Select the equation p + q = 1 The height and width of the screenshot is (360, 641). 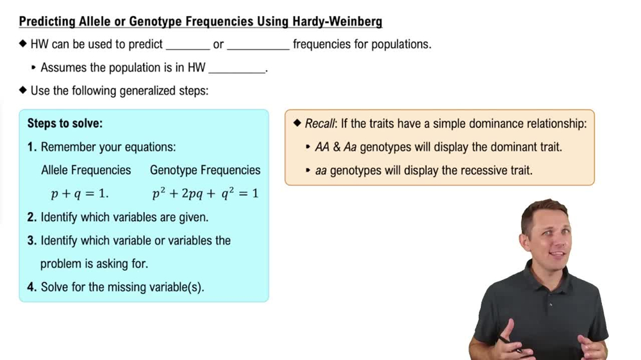click(x=79, y=193)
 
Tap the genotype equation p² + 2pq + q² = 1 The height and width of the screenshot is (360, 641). click(x=205, y=193)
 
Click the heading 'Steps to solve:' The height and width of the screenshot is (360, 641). click(x=65, y=124)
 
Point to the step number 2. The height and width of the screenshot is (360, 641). click(x=31, y=217)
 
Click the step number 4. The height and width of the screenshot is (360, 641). click(x=31, y=287)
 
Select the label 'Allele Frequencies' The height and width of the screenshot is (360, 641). click(x=86, y=170)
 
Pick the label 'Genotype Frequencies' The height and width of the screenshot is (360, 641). click(x=205, y=170)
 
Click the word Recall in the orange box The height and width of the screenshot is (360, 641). click(x=319, y=124)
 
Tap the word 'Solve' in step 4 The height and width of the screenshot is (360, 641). click(x=56, y=287)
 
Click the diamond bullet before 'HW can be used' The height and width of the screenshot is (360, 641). click(x=23, y=45)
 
